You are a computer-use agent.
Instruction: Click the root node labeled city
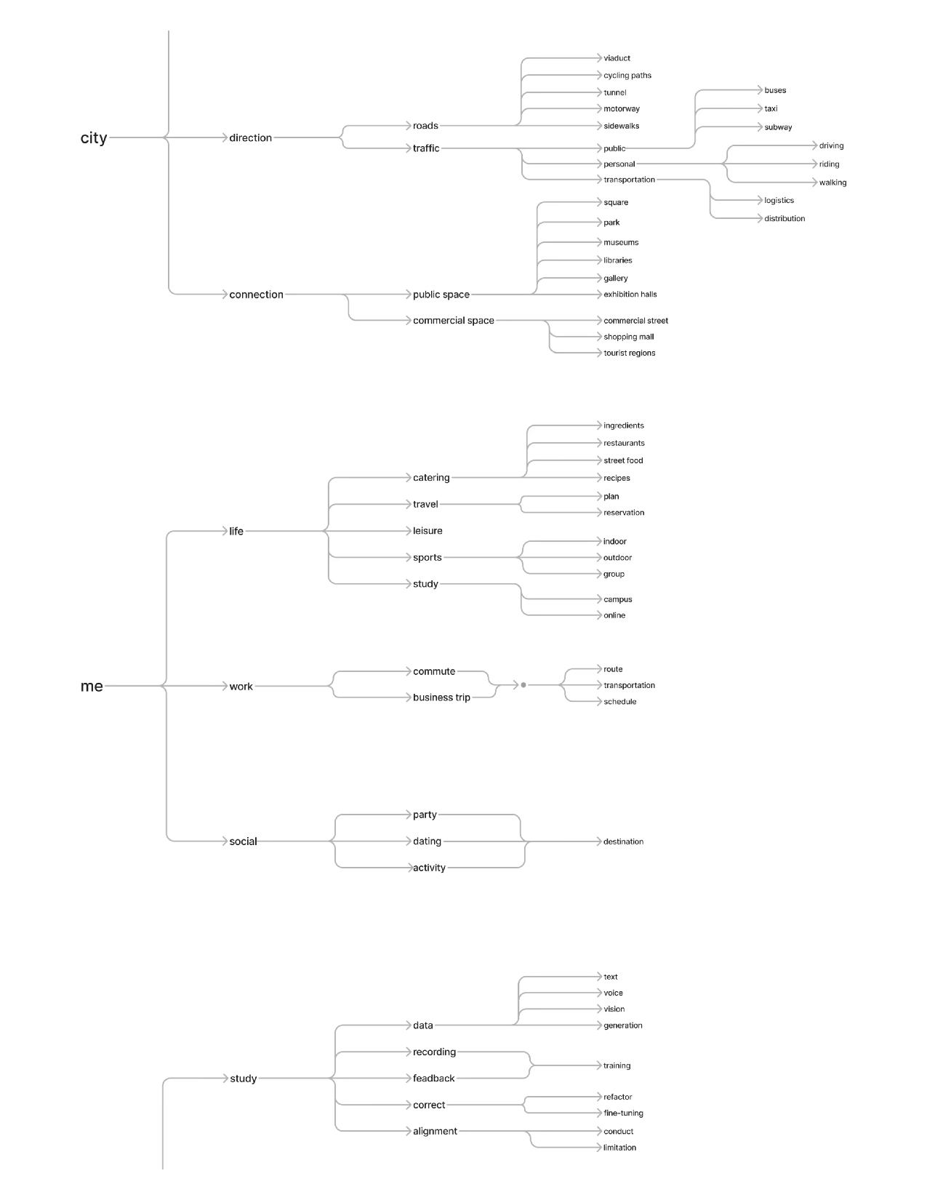[93, 137]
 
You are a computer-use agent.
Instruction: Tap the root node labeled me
[92, 686]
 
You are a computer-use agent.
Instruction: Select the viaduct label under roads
[617, 58]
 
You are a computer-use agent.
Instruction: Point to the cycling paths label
[627, 75]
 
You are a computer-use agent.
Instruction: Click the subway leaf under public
[778, 127]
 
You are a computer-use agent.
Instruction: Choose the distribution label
[784, 218]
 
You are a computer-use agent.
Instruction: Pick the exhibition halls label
[630, 295]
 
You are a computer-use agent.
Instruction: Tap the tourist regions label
[630, 353]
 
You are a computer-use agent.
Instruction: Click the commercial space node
[453, 320]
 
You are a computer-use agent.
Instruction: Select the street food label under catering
[623, 460]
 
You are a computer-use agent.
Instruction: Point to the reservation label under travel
[624, 513]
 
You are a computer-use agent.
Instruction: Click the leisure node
[428, 531]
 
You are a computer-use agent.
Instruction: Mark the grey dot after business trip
[523, 685]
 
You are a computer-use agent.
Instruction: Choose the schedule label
[620, 701]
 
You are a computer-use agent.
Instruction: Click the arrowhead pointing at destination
[599, 841]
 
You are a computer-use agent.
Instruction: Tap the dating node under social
[427, 841]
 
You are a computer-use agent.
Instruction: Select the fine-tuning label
[623, 1113]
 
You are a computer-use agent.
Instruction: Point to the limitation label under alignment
[619, 1147]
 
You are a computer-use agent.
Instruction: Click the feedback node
[433, 1078]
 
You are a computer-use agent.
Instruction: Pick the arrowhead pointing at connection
[225, 295]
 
